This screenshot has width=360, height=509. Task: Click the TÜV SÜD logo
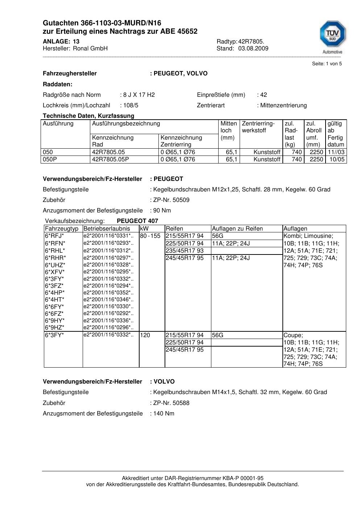[332, 37]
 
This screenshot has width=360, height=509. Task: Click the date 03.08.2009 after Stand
[253, 48]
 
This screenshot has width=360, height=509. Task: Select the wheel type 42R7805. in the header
[251, 41]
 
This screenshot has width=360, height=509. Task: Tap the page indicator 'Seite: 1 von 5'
[327, 64]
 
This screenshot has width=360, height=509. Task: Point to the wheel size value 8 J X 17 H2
[139, 95]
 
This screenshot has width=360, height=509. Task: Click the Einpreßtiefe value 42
[264, 95]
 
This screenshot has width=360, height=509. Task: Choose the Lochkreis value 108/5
[131, 105]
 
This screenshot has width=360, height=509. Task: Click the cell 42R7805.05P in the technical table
[111, 160]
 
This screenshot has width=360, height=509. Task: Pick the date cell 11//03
[336, 152]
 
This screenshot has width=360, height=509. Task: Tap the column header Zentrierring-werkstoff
[258, 127]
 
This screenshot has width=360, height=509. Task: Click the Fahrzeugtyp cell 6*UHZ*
[55, 265]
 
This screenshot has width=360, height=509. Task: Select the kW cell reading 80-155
[150, 236]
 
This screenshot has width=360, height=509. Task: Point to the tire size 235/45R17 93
[185, 251]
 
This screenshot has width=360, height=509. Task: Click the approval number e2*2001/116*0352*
[108, 293]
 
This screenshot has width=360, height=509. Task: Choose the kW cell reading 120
[145, 335]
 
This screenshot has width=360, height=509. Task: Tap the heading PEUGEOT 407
[137, 221]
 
